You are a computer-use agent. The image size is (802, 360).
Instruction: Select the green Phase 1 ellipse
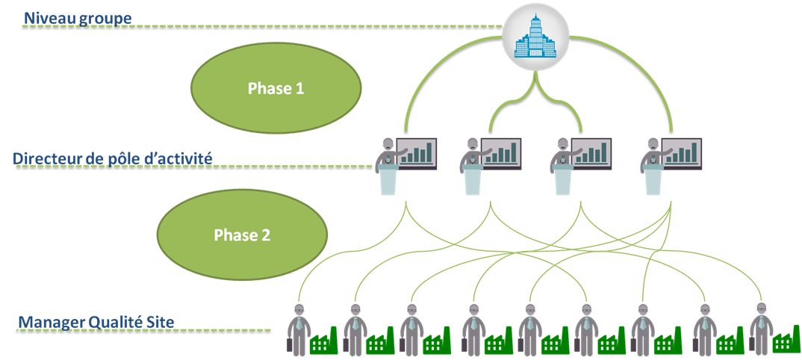coord(276,88)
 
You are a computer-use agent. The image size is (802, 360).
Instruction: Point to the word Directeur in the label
coord(46,158)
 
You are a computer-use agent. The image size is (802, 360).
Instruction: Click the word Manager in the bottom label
coord(50,322)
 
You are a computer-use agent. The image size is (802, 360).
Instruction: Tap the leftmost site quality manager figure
coord(298,329)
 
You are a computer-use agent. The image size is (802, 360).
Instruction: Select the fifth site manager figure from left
coord(529,329)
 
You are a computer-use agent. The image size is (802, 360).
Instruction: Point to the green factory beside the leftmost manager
coord(324,342)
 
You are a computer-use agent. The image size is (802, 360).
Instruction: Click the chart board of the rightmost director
coord(682,152)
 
